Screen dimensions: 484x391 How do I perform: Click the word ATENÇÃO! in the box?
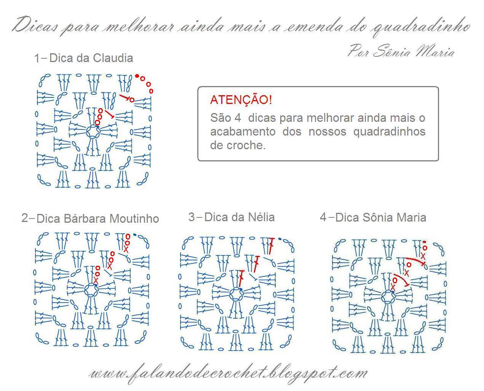pyautogui.click(x=241, y=100)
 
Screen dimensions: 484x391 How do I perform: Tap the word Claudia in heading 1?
pyautogui.click(x=113, y=58)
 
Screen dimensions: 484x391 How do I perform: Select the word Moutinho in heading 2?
pyautogui.click(x=134, y=219)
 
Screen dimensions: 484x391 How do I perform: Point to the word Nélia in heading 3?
pyautogui.click(x=261, y=217)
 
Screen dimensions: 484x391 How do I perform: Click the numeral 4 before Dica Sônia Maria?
pyautogui.click(x=323, y=217)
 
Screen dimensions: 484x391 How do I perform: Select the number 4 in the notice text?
pyautogui.click(x=238, y=118)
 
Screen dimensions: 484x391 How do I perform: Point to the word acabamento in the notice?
pyautogui.click(x=243, y=132)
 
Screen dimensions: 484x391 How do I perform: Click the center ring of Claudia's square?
pyautogui.click(x=93, y=131)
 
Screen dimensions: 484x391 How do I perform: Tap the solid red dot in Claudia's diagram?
pyautogui.click(x=137, y=76)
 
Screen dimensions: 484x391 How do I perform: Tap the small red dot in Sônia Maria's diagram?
pyautogui.click(x=424, y=242)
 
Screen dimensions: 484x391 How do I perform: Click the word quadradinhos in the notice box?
pyautogui.click(x=389, y=132)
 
